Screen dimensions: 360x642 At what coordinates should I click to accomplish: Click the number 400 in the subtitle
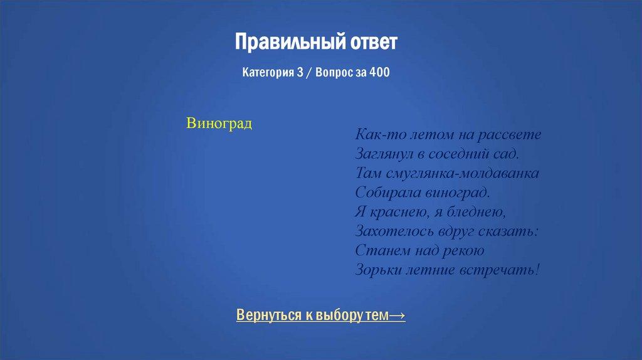[379, 73]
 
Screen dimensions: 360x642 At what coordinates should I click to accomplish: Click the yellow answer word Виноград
[219, 123]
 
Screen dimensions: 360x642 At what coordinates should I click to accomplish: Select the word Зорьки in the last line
[376, 270]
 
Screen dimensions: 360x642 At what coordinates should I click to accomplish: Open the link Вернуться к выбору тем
[313, 315]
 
